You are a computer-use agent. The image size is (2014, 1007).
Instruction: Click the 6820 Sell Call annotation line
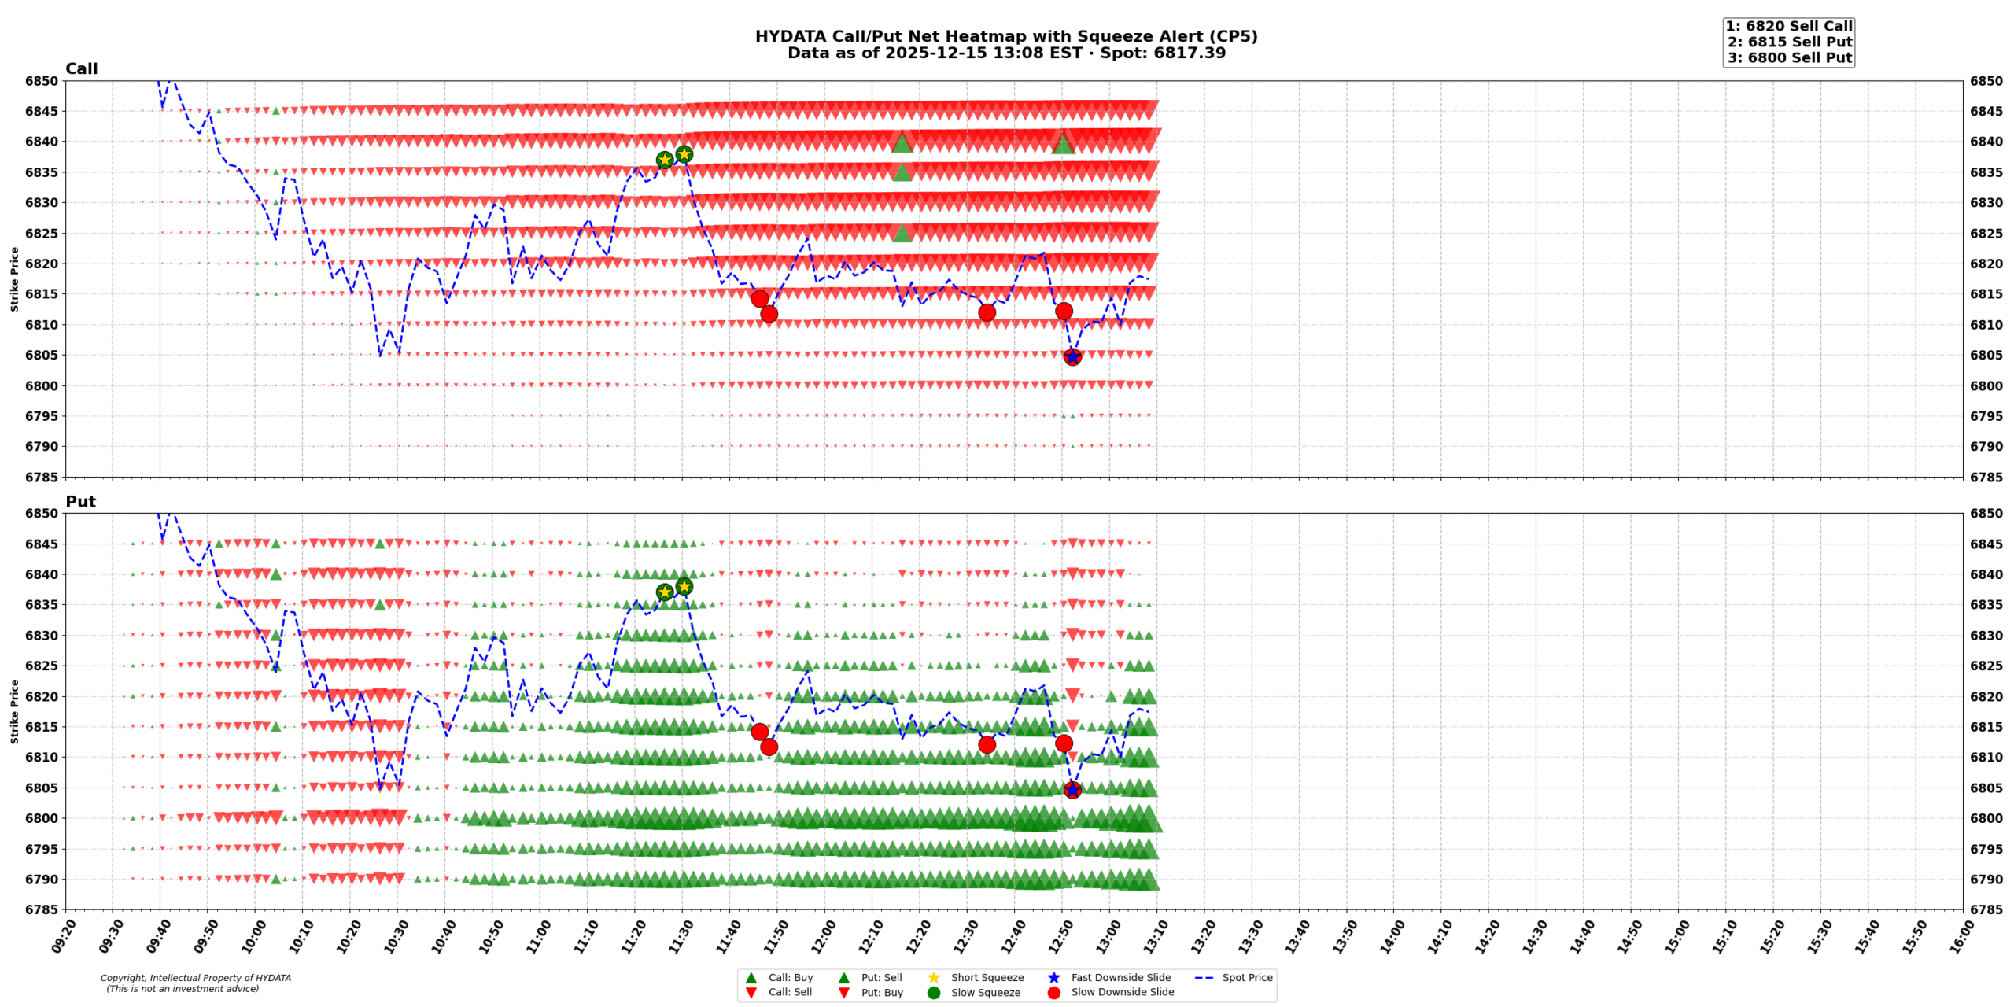(1788, 26)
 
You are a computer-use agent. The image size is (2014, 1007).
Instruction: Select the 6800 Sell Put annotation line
(1789, 57)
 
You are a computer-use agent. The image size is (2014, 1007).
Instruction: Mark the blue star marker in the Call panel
(1072, 357)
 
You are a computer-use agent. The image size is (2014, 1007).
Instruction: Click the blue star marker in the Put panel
(1072, 789)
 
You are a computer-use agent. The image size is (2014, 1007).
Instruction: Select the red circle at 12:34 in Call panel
(987, 312)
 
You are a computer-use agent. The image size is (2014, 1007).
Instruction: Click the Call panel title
(81, 68)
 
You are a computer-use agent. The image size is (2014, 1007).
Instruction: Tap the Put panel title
(80, 501)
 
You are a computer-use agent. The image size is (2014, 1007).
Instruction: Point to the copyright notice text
(195, 983)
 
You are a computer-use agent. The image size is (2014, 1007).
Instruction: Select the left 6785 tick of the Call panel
(41, 477)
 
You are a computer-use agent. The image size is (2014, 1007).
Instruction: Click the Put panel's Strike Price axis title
(14, 711)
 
